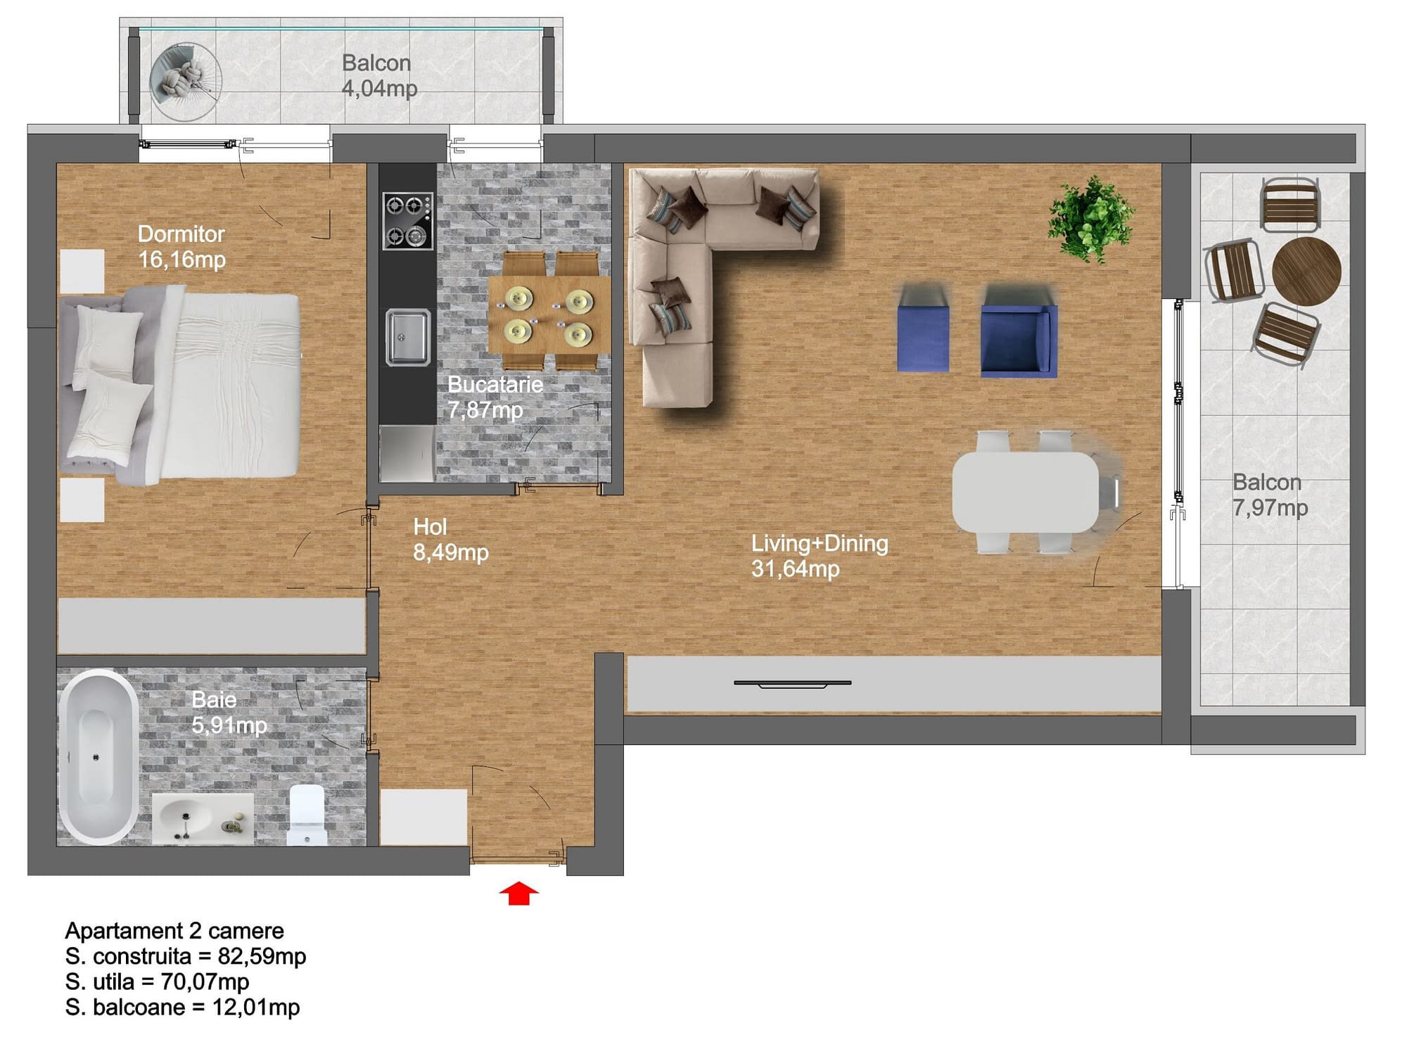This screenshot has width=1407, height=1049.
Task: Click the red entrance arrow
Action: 518,893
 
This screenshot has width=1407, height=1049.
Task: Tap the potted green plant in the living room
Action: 1090,220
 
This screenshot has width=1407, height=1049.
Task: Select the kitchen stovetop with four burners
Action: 408,221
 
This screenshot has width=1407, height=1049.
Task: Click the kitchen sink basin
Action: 408,338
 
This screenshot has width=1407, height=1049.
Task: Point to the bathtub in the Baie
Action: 98,757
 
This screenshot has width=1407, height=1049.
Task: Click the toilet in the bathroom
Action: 307,815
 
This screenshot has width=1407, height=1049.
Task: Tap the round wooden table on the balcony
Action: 1306,271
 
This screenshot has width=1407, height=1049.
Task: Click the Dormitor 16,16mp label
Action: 182,247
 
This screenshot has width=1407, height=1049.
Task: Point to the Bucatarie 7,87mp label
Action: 495,397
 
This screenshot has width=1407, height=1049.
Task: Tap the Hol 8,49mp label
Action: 450,540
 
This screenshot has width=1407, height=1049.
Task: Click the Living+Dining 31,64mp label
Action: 820,556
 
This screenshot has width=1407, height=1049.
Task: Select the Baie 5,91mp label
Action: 229,712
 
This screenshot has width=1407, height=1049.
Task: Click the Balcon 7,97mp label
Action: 1270,495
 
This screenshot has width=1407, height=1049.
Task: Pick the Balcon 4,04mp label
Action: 379,75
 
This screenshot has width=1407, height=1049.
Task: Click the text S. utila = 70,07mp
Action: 157,981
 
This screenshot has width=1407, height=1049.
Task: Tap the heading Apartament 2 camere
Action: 174,931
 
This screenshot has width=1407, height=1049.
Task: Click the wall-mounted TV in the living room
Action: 793,683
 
